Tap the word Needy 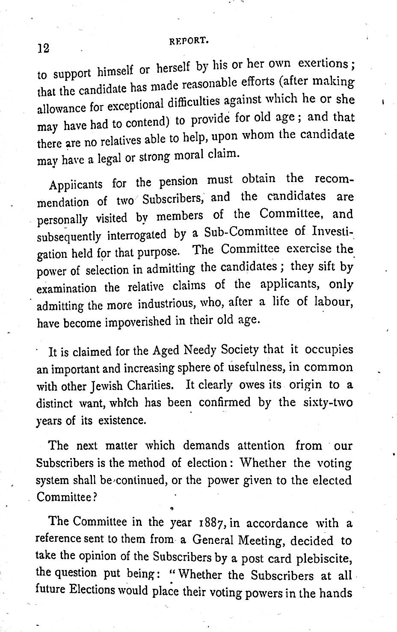204,351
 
